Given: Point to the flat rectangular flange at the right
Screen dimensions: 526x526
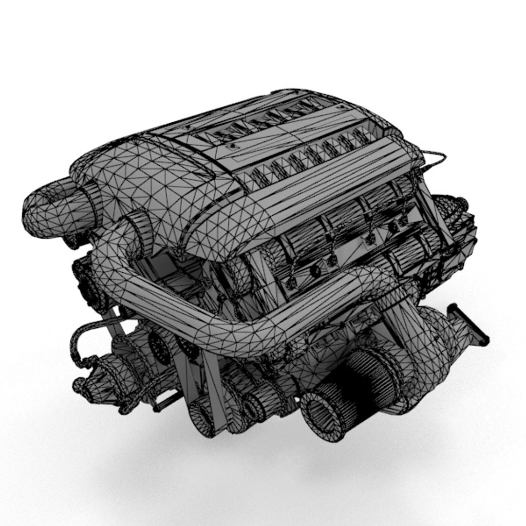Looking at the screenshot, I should [x=467, y=324].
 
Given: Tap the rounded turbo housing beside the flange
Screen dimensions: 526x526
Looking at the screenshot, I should [x=433, y=331].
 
